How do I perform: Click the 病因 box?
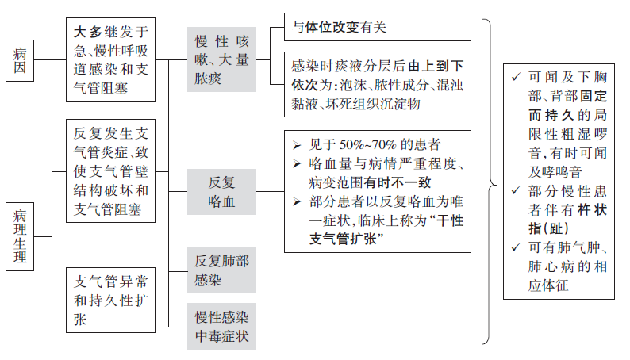coord(20,60)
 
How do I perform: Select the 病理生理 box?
coord(20,236)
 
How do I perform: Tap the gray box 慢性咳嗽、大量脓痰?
coord(221,59)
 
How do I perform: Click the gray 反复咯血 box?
coord(221,191)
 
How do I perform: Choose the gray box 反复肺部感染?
coord(221,270)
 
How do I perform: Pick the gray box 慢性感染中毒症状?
coord(221,326)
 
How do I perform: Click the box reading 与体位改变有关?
coord(377,27)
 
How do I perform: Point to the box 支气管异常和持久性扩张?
coord(110,301)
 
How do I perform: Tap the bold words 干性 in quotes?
coord(450,220)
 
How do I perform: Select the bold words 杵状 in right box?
coord(592,209)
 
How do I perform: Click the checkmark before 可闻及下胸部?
coord(517,76)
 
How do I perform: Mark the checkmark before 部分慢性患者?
coord(517,190)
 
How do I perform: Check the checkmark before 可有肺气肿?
coord(517,247)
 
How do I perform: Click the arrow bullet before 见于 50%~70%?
coord(297,145)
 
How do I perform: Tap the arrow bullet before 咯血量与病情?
coord(297,164)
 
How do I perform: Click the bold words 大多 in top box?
coord(87,32)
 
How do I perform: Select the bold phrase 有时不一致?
coord(398,182)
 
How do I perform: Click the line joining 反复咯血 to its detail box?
coord(270,191)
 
